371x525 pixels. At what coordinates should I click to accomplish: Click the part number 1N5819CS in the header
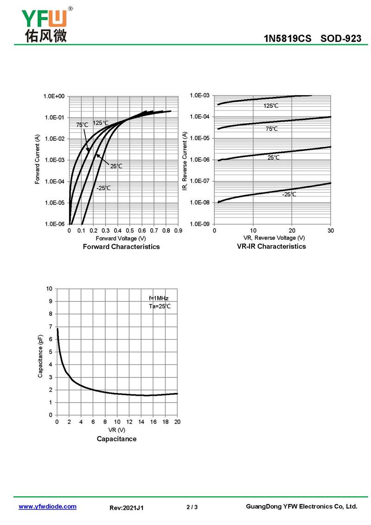pyautogui.click(x=288, y=39)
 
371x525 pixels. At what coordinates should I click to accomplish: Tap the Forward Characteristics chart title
pyautogui.click(x=121, y=247)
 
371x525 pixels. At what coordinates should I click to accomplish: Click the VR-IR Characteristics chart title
pyautogui.click(x=271, y=246)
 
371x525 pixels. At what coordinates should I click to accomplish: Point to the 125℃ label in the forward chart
pyautogui.click(x=101, y=123)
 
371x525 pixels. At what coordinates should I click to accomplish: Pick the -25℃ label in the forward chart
pyautogui.click(x=103, y=188)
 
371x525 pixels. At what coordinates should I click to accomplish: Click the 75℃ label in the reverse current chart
pyautogui.click(x=272, y=129)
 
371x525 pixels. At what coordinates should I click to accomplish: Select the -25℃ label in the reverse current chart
pyautogui.click(x=289, y=194)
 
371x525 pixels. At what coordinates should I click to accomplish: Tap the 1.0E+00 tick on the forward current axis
pyautogui.click(x=54, y=96)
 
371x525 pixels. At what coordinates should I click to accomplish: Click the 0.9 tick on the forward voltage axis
pyautogui.click(x=178, y=230)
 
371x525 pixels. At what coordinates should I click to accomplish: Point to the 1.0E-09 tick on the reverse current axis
pyautogui.click(x=200, y=224)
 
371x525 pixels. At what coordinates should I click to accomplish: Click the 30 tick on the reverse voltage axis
pyautogui.click(x=330, y=230)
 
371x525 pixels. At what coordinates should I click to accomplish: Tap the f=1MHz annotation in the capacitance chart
pyautogui.click(x=159, y=298)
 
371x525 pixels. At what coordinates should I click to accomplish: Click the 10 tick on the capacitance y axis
pyautogui.click(x=49, y=289)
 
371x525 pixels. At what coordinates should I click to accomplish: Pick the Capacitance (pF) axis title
pyautogui.click(x=40, y=351)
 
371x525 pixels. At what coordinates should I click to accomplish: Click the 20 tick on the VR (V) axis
pyautogui.click(x=177, y=422)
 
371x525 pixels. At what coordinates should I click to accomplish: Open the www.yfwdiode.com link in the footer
pyautogui.click(x=47, y=506)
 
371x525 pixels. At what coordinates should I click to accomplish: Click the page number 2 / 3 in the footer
pyautogui.click(x=192, y=507)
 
